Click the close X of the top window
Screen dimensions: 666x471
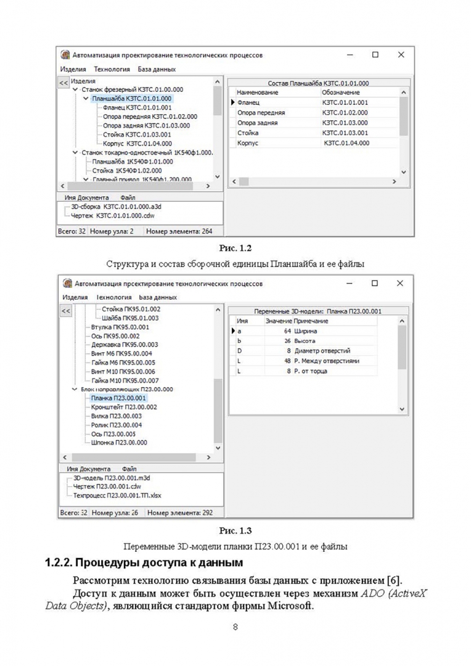point(401,55)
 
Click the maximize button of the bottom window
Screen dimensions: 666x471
point(374,283)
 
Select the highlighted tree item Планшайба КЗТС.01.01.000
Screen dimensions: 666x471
point(132,98)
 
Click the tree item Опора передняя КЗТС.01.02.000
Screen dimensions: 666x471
point(150,116)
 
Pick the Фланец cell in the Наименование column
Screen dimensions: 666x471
point(249,102)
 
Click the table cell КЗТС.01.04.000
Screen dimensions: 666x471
point(346,143)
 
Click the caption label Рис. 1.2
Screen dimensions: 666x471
point(236,249)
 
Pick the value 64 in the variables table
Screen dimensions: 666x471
point(287,331)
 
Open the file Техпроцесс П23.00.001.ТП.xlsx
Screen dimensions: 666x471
point(117,495)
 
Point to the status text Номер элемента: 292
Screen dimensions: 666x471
point(180,512)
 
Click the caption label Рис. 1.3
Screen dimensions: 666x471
point(236,530)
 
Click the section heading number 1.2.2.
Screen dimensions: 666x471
point(60,563)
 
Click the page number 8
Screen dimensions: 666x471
point(236,628)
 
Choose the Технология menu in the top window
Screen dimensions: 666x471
point(112,70)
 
